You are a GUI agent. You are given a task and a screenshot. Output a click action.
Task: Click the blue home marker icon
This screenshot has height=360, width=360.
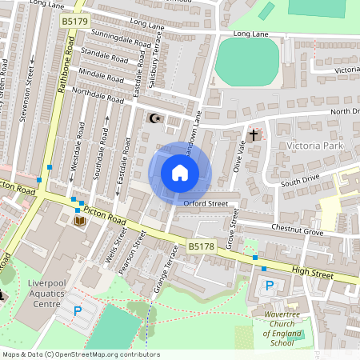point(180,172)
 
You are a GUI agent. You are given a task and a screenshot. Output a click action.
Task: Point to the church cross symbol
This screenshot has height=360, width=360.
point(254,135)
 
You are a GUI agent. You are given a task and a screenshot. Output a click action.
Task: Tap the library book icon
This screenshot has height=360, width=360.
point(80,221)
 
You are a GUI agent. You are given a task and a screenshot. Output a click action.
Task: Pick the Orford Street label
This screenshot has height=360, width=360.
point(206,203)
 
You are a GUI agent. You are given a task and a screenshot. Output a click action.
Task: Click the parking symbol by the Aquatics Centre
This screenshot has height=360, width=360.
point(78,310)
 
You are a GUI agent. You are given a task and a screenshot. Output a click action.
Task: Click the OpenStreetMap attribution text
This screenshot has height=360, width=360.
point(81,354)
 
